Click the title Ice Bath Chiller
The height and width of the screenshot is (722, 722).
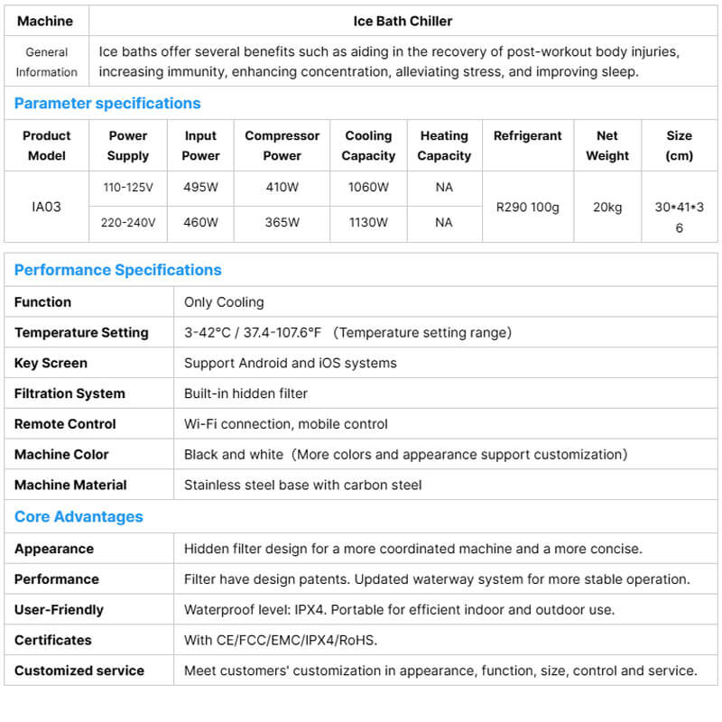click(x=403, y=20)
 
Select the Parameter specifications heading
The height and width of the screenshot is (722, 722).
click(x=107, y=103)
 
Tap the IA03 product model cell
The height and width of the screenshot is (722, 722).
click(x=47, y=207)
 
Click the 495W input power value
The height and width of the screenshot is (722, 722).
click(x=200, y=188)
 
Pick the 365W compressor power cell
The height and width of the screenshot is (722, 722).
click(x=282, y=222)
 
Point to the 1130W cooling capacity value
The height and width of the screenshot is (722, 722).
click(x=368, y=222)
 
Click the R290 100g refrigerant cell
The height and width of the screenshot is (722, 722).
click(x=528, y=207)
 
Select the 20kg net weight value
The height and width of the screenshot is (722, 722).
click(x=607, y=207)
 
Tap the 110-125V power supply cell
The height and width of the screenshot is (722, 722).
click(x=128, y=188)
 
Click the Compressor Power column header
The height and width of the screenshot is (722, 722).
click(x=282, y=145)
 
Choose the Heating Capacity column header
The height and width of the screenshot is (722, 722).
click(x=444, y=145)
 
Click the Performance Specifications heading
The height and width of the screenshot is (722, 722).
click(x=117, y=270)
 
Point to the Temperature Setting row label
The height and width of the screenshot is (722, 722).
click(x=81, y=332)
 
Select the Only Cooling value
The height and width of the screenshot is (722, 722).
click(x=224, y=301)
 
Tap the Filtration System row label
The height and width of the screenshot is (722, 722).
click(x=69, y=393)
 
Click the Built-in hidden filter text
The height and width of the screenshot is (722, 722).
click(x=245, y=393)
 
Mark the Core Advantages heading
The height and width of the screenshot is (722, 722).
click(x=79, y=516)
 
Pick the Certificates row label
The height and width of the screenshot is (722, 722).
click(x=52, y=640)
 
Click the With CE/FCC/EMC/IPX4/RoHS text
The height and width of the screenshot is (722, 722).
click(x=281, y=640)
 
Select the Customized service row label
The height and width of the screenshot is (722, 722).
click(x=79, y=671)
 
